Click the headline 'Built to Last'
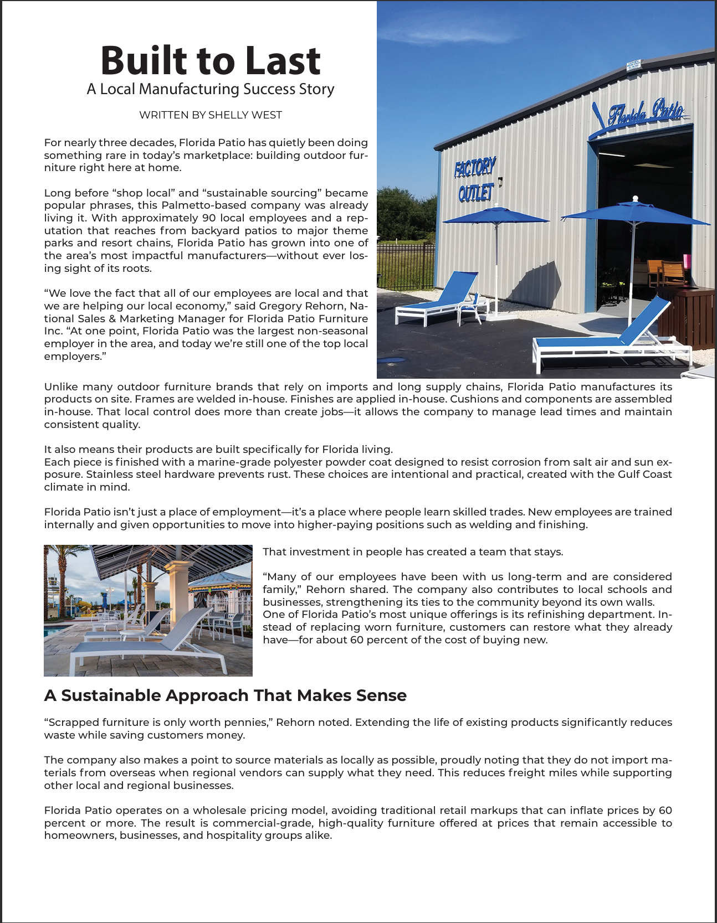[x=211, y=60]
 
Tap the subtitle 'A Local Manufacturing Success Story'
[x=211, y=89]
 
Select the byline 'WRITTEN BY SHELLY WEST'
[x=211, y=115]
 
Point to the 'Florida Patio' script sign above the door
[x=646, y=114]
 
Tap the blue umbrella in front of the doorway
[x=635, y=214]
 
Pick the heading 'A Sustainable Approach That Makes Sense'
[x=225, y=695]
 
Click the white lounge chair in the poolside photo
[x=150, y=642]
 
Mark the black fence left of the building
[x=404, y=266]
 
